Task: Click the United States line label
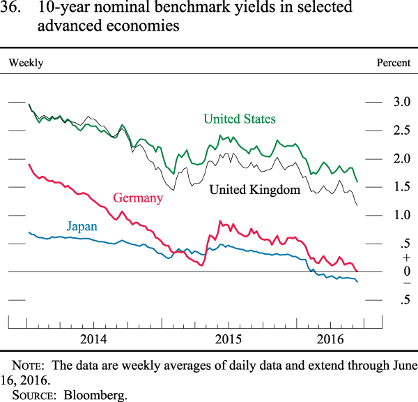[239, 119]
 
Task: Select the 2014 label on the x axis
[93, 339]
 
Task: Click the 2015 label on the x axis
[228, 339]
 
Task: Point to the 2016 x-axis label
[340, 339]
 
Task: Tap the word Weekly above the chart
[26, 63]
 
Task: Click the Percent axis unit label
[394, 63]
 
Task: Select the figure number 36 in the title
[16, 9]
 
